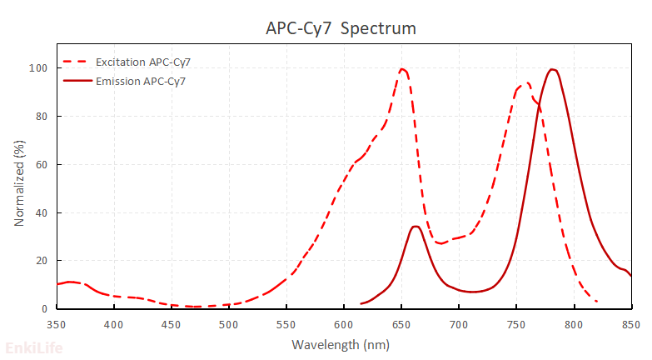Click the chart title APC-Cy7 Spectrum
(x=341, y=28)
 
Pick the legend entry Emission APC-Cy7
(x=141, y=81)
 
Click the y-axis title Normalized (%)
(x=19, y=183)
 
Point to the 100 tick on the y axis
(x=40, y=68)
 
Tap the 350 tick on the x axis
(x=57, y=323)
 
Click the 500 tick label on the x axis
(x=229, y=323)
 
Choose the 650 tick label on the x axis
(x=401, y=323)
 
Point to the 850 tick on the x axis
(x=630, y=323)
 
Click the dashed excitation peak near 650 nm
(x=402, y=69)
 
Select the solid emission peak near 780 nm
(x=552, y=69)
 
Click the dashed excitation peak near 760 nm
(x=526, y=82)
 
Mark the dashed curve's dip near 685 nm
(x=441, y=243)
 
